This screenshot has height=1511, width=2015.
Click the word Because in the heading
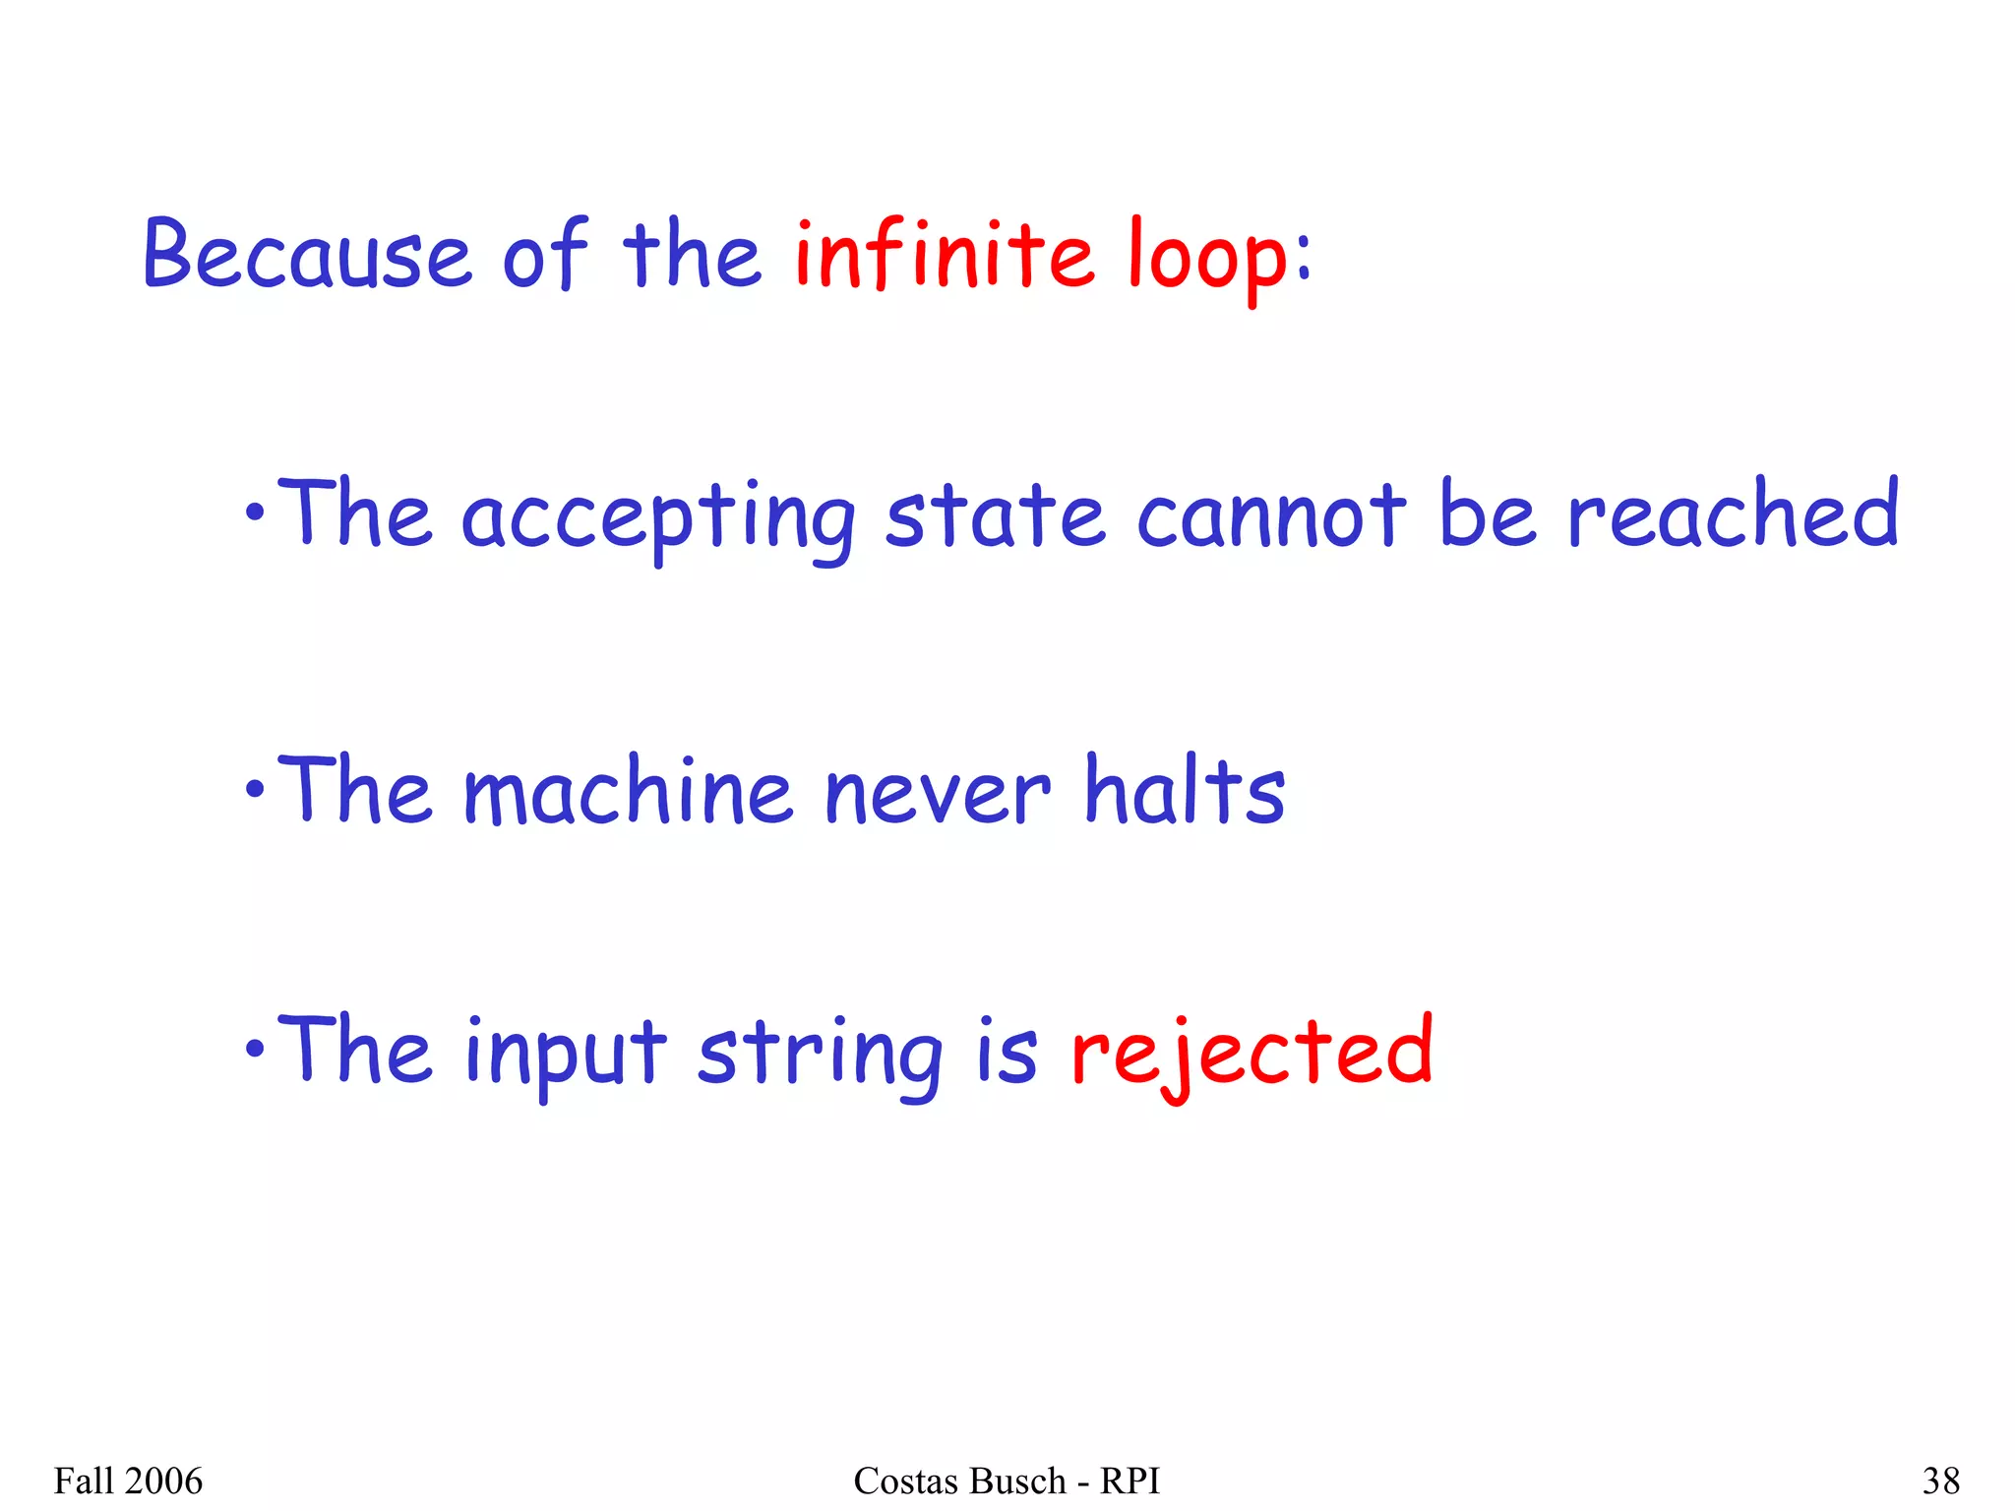tap(308, 255)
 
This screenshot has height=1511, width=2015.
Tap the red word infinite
tap(944, 255)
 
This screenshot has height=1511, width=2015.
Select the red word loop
tap(1207, 258)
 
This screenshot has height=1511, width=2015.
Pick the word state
tap(995, 515)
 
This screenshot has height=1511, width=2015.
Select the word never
tap(938, 793)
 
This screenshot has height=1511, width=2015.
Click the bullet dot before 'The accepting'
tap(255, 513)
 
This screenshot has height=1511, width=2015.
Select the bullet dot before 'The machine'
tap(255, 788)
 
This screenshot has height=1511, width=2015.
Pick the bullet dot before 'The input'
tap(255, 1050)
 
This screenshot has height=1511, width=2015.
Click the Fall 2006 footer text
tap(128, 1481)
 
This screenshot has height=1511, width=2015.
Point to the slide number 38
tap(1941, 1481)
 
